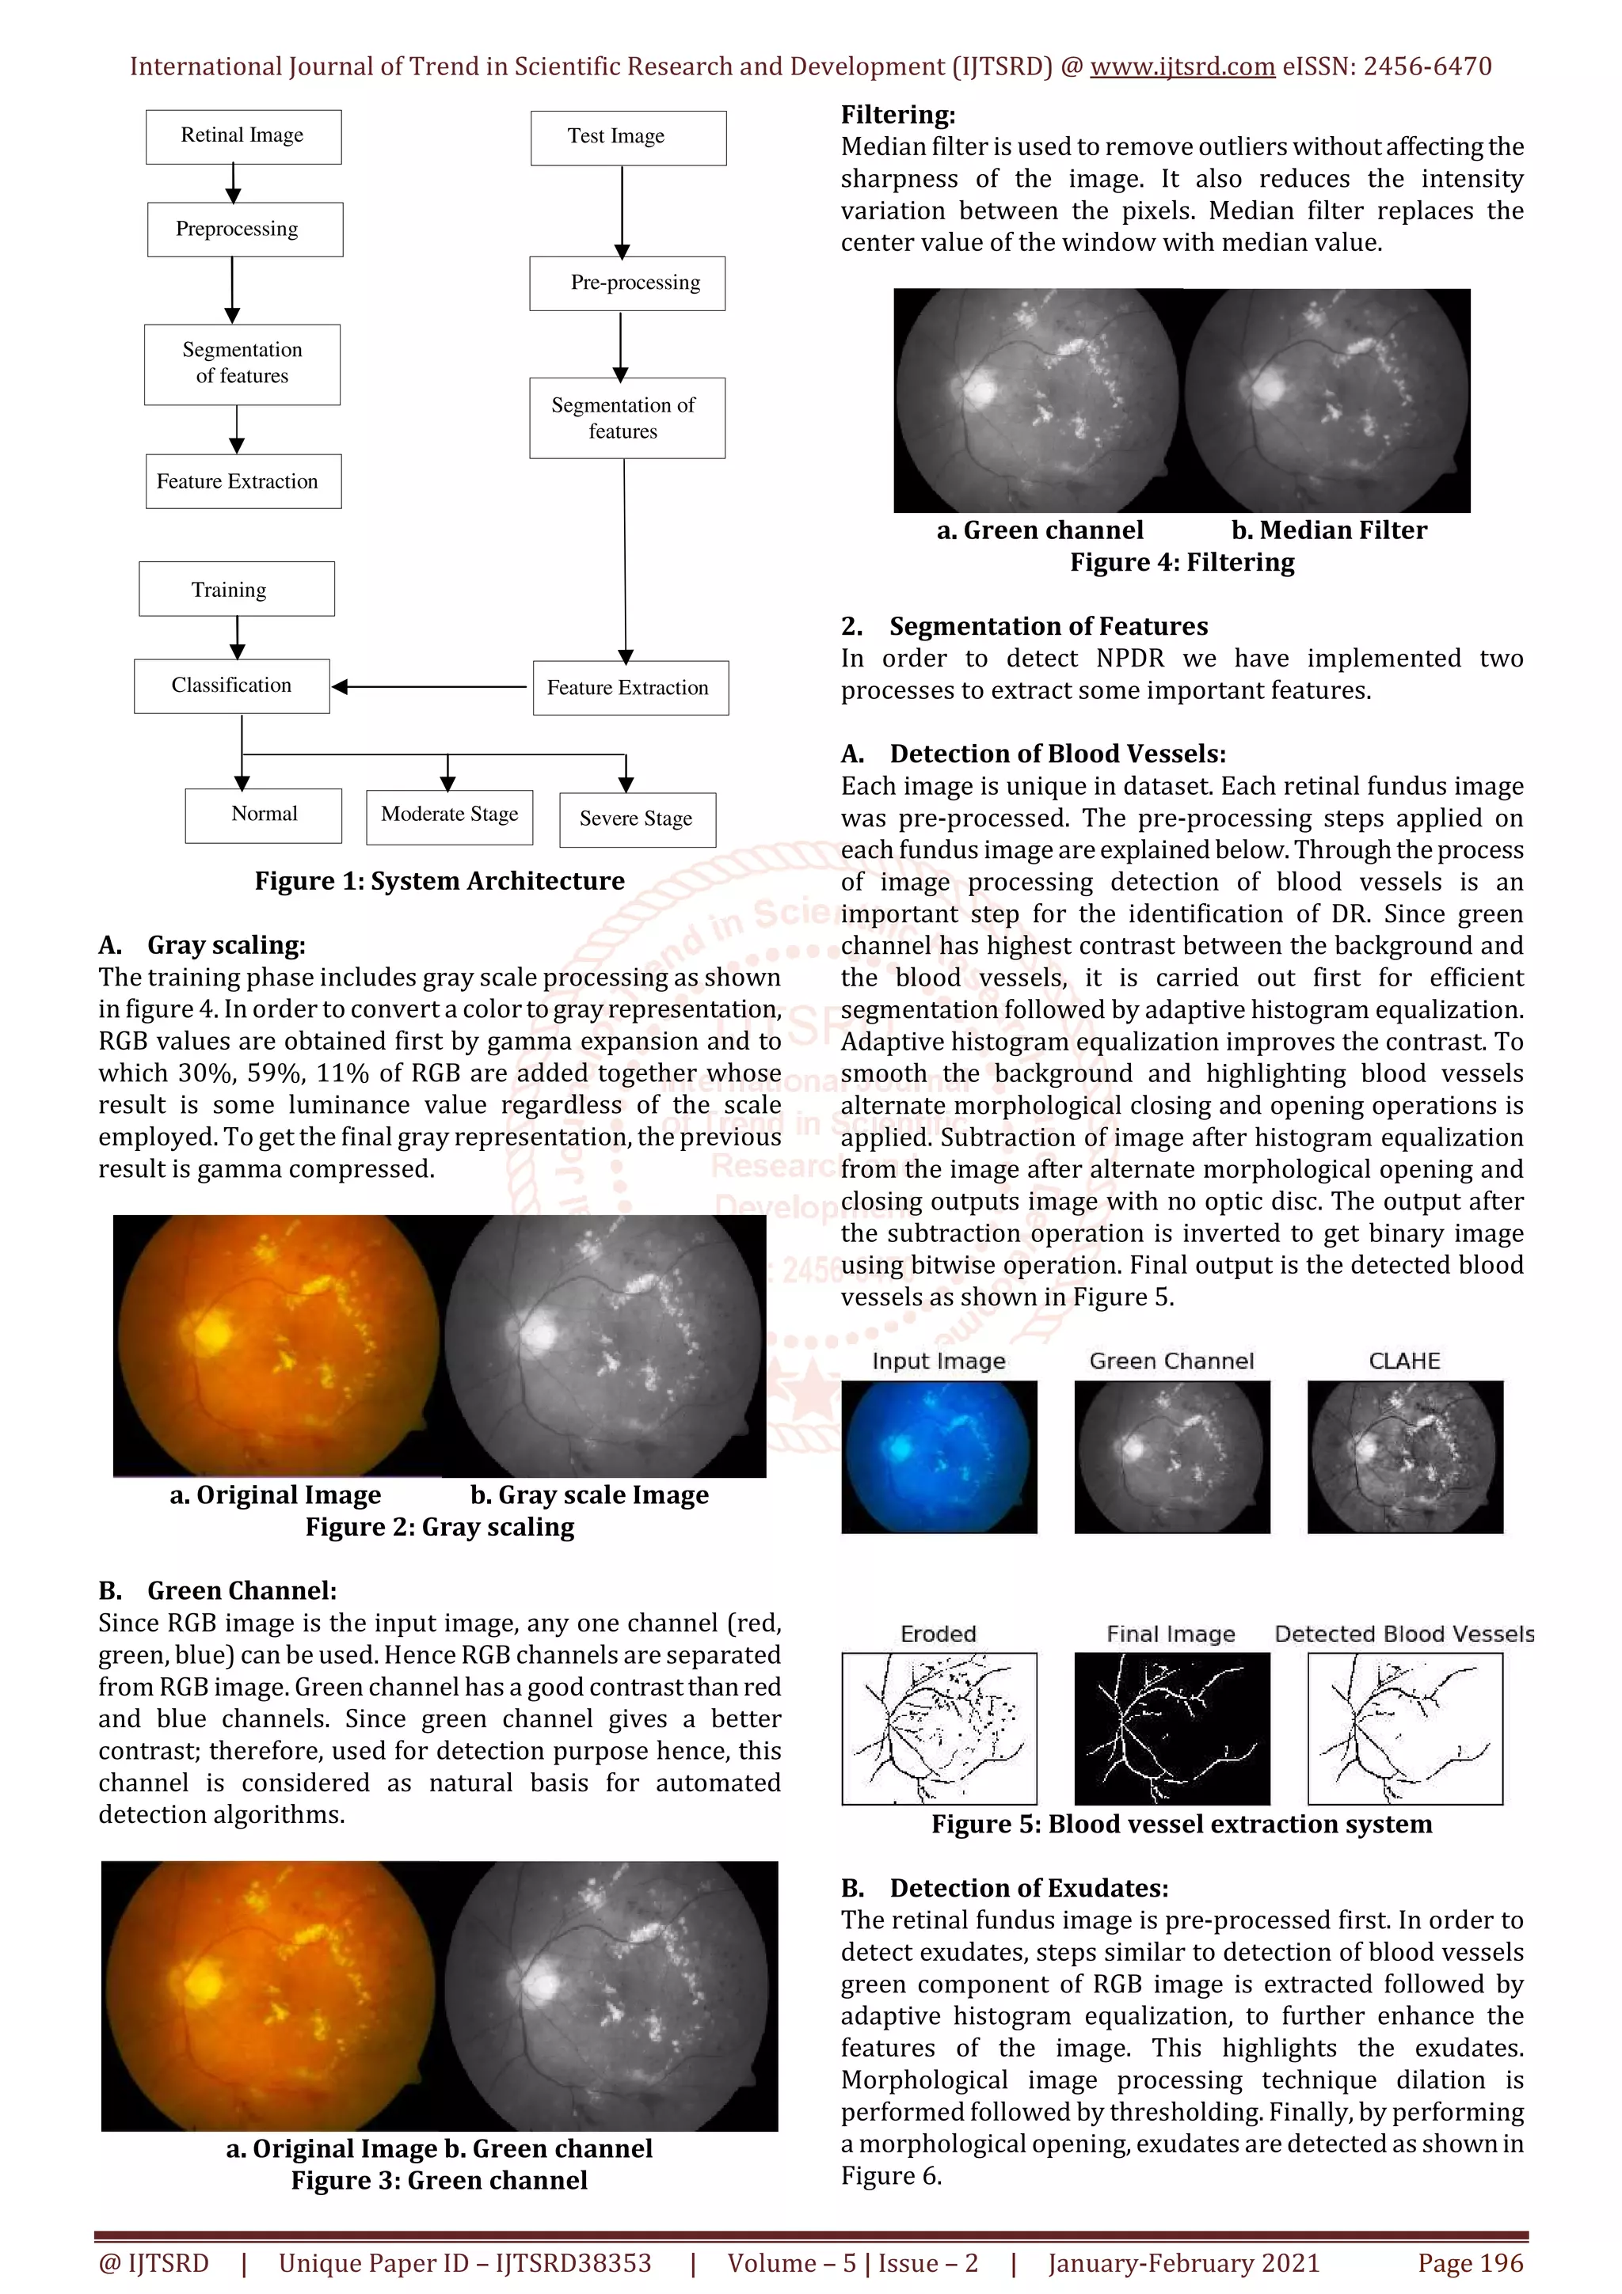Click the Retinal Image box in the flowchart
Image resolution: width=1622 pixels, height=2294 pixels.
click(x=243, y=137)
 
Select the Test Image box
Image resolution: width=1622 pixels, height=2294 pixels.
click(x=627, y=138)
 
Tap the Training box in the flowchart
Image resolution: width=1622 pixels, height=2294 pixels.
click(x=236, y=590)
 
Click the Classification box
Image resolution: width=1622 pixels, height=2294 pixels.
click(x=232, y=686)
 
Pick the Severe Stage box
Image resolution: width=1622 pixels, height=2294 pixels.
click(x=637, y=819)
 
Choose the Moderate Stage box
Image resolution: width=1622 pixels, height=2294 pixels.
click(x=449, y=815)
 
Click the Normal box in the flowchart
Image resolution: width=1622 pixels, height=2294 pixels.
click(x=263, y=815)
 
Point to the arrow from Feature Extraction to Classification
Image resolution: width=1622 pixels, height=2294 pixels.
click(x=430, y=687)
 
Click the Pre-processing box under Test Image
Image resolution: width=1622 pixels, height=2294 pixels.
click(x=627, y=283)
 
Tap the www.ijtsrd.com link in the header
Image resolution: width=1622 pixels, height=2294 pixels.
click(x=1182, y=67)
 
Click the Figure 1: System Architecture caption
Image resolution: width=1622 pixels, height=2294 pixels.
click(x=440, y=881)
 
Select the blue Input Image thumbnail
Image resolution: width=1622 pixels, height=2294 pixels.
click(x=939, y=1456)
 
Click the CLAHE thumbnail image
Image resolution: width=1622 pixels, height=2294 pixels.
click(x=1404, y=1456)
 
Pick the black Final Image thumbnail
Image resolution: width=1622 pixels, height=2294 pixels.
click(x=1171, y=1727)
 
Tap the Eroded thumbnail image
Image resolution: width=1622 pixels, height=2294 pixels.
click(x=939, y=1727)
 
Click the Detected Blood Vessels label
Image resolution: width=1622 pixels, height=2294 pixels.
click(x=1404, y=1634)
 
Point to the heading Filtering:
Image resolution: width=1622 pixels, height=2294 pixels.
click(x=897, y=115)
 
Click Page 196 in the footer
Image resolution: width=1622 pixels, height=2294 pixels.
click(x=1470, y=2263)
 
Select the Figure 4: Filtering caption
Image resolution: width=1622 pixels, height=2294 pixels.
click(x=1182, y=563)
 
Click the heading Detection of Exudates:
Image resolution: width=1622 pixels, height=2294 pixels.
click(x=1028, y=1889)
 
